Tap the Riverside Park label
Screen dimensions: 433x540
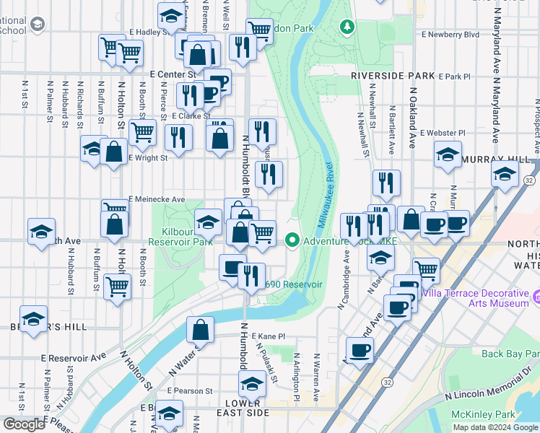[x=393, y=76]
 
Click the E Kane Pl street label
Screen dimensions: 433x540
[x=269, y=336]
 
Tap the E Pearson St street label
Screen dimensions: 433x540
[x=190, y=390]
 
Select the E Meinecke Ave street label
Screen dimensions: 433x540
[x=157, y=199]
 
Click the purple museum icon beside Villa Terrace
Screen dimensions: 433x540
[x=537, y=297]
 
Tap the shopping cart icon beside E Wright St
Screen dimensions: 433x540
[x=143, y=132]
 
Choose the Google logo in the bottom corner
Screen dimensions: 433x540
[x=24, y=424]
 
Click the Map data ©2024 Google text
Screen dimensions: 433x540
[x=495, y=427]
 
